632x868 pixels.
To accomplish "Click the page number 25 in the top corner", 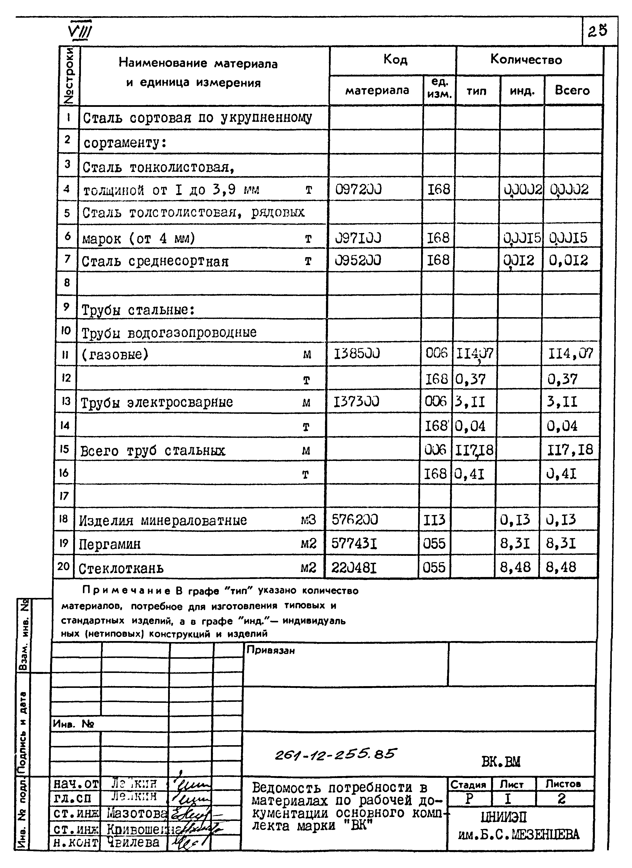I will tap(598, 31).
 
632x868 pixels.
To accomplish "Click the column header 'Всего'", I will tap(572, 91).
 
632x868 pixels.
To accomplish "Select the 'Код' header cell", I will tap(395, 60).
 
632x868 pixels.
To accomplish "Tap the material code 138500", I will tap(357, 354).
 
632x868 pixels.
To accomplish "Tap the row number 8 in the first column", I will tap(67, 283).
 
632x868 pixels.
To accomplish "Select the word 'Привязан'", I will tap(270, 650).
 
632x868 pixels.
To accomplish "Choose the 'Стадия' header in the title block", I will tap(468, 784).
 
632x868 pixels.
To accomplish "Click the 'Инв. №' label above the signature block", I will tap(73, 724).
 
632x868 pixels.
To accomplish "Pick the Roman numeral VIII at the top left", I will tap(80, 33).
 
